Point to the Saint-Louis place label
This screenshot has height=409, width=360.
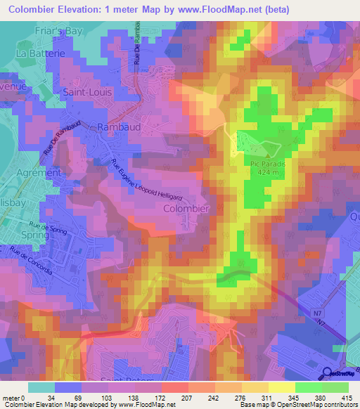coord(89,91)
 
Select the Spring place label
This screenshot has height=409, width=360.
coord(35,235)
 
